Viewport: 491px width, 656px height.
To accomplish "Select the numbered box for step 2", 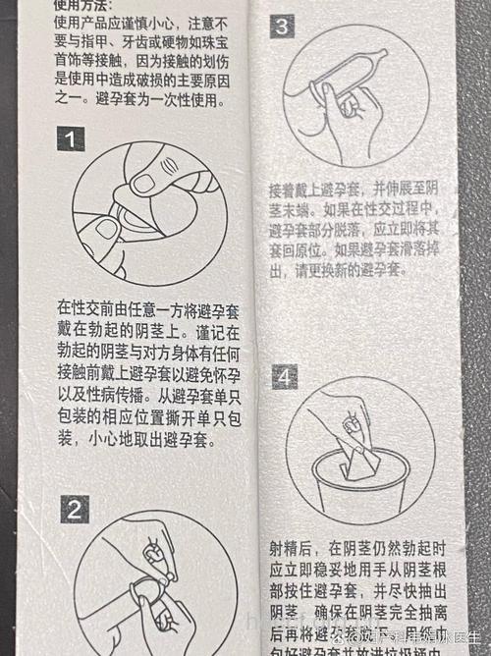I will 76,510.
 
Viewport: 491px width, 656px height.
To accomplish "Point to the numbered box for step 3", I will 282,27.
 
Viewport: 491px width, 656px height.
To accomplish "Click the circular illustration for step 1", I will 149,207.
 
